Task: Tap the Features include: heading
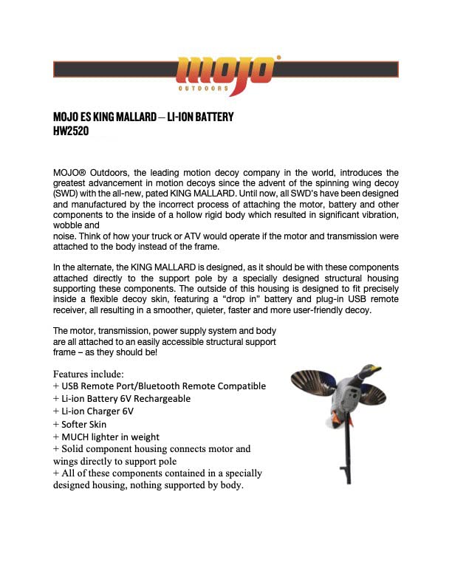89,374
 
